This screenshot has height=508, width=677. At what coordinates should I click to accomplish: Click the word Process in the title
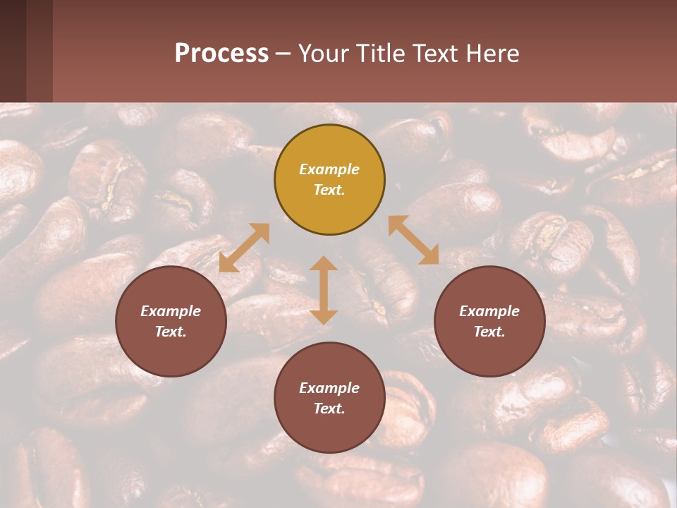coord(221,54)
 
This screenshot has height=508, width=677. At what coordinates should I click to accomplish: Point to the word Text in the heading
coord(437,54)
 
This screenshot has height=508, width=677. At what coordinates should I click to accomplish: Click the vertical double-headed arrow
coord(324,290)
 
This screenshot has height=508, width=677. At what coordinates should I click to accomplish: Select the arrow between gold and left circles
coord(244,248)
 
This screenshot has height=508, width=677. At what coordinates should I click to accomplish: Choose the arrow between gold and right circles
coord(413,240)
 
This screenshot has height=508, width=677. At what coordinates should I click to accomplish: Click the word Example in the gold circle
coord(329,169)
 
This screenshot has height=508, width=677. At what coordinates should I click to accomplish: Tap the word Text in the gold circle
coord(329,190)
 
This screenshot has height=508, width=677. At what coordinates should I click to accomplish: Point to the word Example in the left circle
coord(171,311)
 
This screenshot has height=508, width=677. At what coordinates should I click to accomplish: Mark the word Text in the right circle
coord(489,332)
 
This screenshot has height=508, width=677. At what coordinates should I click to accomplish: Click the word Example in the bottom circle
coord(329,388)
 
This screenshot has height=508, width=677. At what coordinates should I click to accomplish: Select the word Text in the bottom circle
coord(329,409)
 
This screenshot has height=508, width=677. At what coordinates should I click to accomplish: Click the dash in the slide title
coord(283,54)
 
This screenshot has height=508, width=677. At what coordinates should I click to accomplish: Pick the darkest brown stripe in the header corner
coord(13,51)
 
